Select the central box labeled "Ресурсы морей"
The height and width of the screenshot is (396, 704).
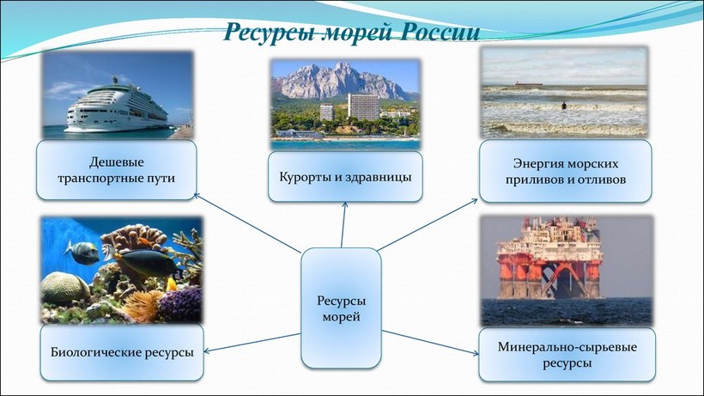coord(341,308)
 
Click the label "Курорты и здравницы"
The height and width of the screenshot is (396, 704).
coord(345,177)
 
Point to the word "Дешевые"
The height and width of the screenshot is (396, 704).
coord(116,162)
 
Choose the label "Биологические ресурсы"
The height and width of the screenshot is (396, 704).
coord(122,352)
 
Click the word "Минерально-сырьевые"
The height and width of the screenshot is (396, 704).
coord(567,347)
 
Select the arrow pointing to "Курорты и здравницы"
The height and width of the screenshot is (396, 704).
coord(343,224)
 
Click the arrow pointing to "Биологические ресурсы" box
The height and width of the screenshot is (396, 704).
coord(252,343)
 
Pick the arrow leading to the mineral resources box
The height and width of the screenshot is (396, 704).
coord(430,343)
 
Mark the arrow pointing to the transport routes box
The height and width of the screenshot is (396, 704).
coord(247,223)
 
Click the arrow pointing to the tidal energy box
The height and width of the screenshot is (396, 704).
coord(428,225)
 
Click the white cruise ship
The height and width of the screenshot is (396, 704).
coord(116,107)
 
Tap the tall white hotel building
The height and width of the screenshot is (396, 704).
coord(364,107)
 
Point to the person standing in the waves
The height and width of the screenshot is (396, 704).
coord(564,106)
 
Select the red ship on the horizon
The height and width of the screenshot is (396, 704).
coord(528,83)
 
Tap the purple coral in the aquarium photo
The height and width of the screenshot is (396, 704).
coord(181,304)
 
